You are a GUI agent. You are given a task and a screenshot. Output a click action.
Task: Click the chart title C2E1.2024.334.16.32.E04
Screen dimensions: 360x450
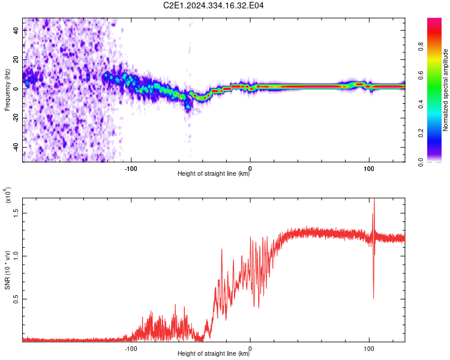click(214, 5)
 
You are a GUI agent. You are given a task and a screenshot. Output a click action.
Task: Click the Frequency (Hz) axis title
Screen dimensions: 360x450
click(7, 90)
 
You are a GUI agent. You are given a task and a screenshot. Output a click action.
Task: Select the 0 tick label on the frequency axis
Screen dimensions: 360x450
click(17, 88)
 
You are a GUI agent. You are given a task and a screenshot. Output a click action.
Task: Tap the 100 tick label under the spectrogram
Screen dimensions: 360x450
click(370, 167)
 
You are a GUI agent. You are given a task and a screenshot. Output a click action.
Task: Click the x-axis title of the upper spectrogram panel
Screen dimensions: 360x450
click(214, 174)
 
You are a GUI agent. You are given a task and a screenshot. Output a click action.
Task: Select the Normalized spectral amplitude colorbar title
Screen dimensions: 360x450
click(445, 90)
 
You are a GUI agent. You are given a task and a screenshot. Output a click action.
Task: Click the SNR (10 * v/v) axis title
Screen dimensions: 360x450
click(7, 269)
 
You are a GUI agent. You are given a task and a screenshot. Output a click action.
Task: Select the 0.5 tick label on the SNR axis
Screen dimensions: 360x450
click(17, 299)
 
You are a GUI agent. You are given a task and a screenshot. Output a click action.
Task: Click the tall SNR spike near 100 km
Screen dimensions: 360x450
click(374, 207)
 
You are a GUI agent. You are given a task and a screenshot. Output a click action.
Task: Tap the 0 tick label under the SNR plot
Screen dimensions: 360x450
click(250, 347)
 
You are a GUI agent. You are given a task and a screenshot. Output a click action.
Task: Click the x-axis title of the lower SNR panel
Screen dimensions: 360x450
click(214, 354)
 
